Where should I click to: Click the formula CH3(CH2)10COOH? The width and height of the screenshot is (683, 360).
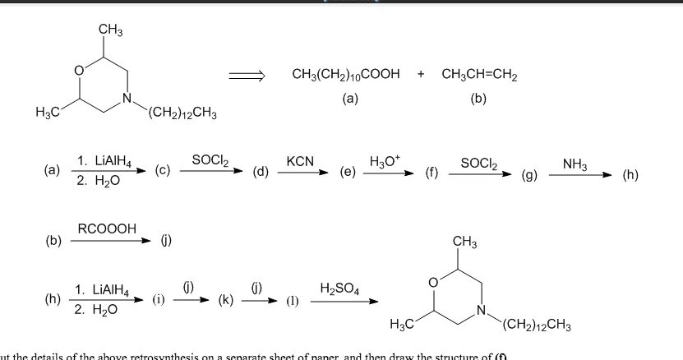[345, 75]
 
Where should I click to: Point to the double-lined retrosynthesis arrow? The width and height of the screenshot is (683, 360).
[247, 76]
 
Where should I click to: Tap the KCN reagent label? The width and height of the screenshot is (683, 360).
[300, 160]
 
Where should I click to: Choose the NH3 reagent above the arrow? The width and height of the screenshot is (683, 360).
[575, 165]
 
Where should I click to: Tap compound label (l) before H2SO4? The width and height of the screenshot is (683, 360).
[291, 301]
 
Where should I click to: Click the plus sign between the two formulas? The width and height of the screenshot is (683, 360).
[421, 75]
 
